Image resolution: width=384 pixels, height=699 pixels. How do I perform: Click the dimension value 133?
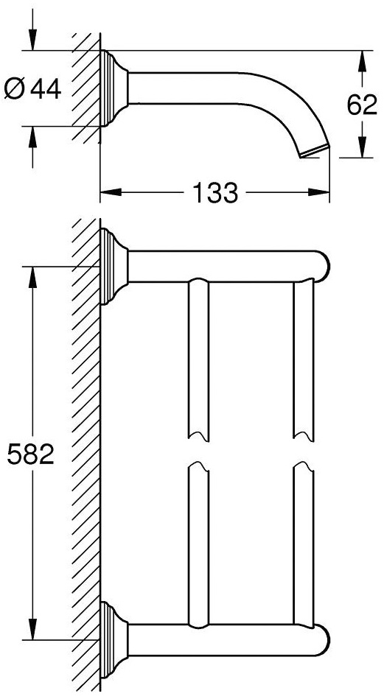coord(216,194)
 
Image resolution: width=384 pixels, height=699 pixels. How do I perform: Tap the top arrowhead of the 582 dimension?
coord(33,276)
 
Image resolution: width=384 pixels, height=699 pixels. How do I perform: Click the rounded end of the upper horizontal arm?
coord(323,265)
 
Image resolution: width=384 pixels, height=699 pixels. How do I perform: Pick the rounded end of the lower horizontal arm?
coord(323,638)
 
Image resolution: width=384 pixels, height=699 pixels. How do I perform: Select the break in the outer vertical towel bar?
coord(304,450)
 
